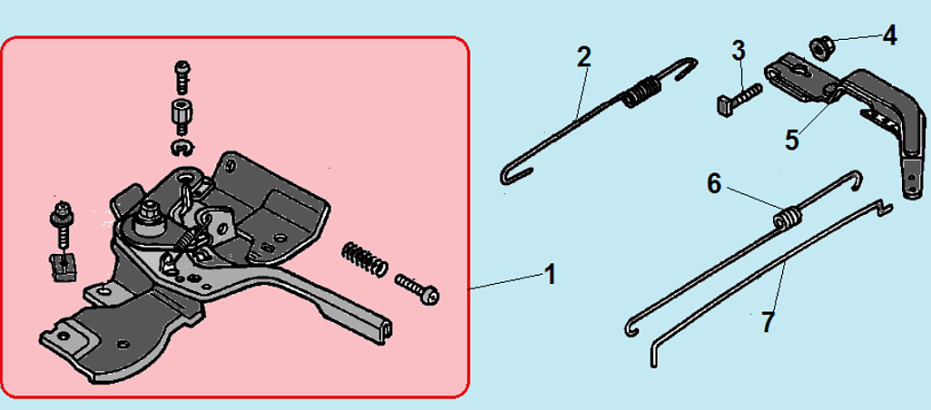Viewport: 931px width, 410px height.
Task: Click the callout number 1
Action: (x=551, y=275)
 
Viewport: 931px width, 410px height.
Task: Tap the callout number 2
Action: (x=584, y=57)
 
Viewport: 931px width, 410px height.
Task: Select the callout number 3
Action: (x=738, y=51)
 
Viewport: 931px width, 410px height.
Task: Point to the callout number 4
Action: (x=889, y=35)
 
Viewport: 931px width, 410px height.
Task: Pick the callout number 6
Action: (x=714, y=183)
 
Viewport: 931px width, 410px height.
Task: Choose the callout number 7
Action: (x=768, y=323)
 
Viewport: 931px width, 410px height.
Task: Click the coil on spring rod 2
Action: (x=640, y=93)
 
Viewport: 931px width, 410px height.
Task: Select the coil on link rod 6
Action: (x=786, y=218)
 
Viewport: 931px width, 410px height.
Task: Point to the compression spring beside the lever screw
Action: (x=364, y=259)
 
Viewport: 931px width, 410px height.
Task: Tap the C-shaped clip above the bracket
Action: (x=183, y=149)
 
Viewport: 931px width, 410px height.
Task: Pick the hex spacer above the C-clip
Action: (x=181, y=116)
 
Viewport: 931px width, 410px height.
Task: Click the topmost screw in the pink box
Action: (x=183, y=76)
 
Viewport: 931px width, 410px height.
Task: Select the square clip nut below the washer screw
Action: (x=63, y=268)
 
